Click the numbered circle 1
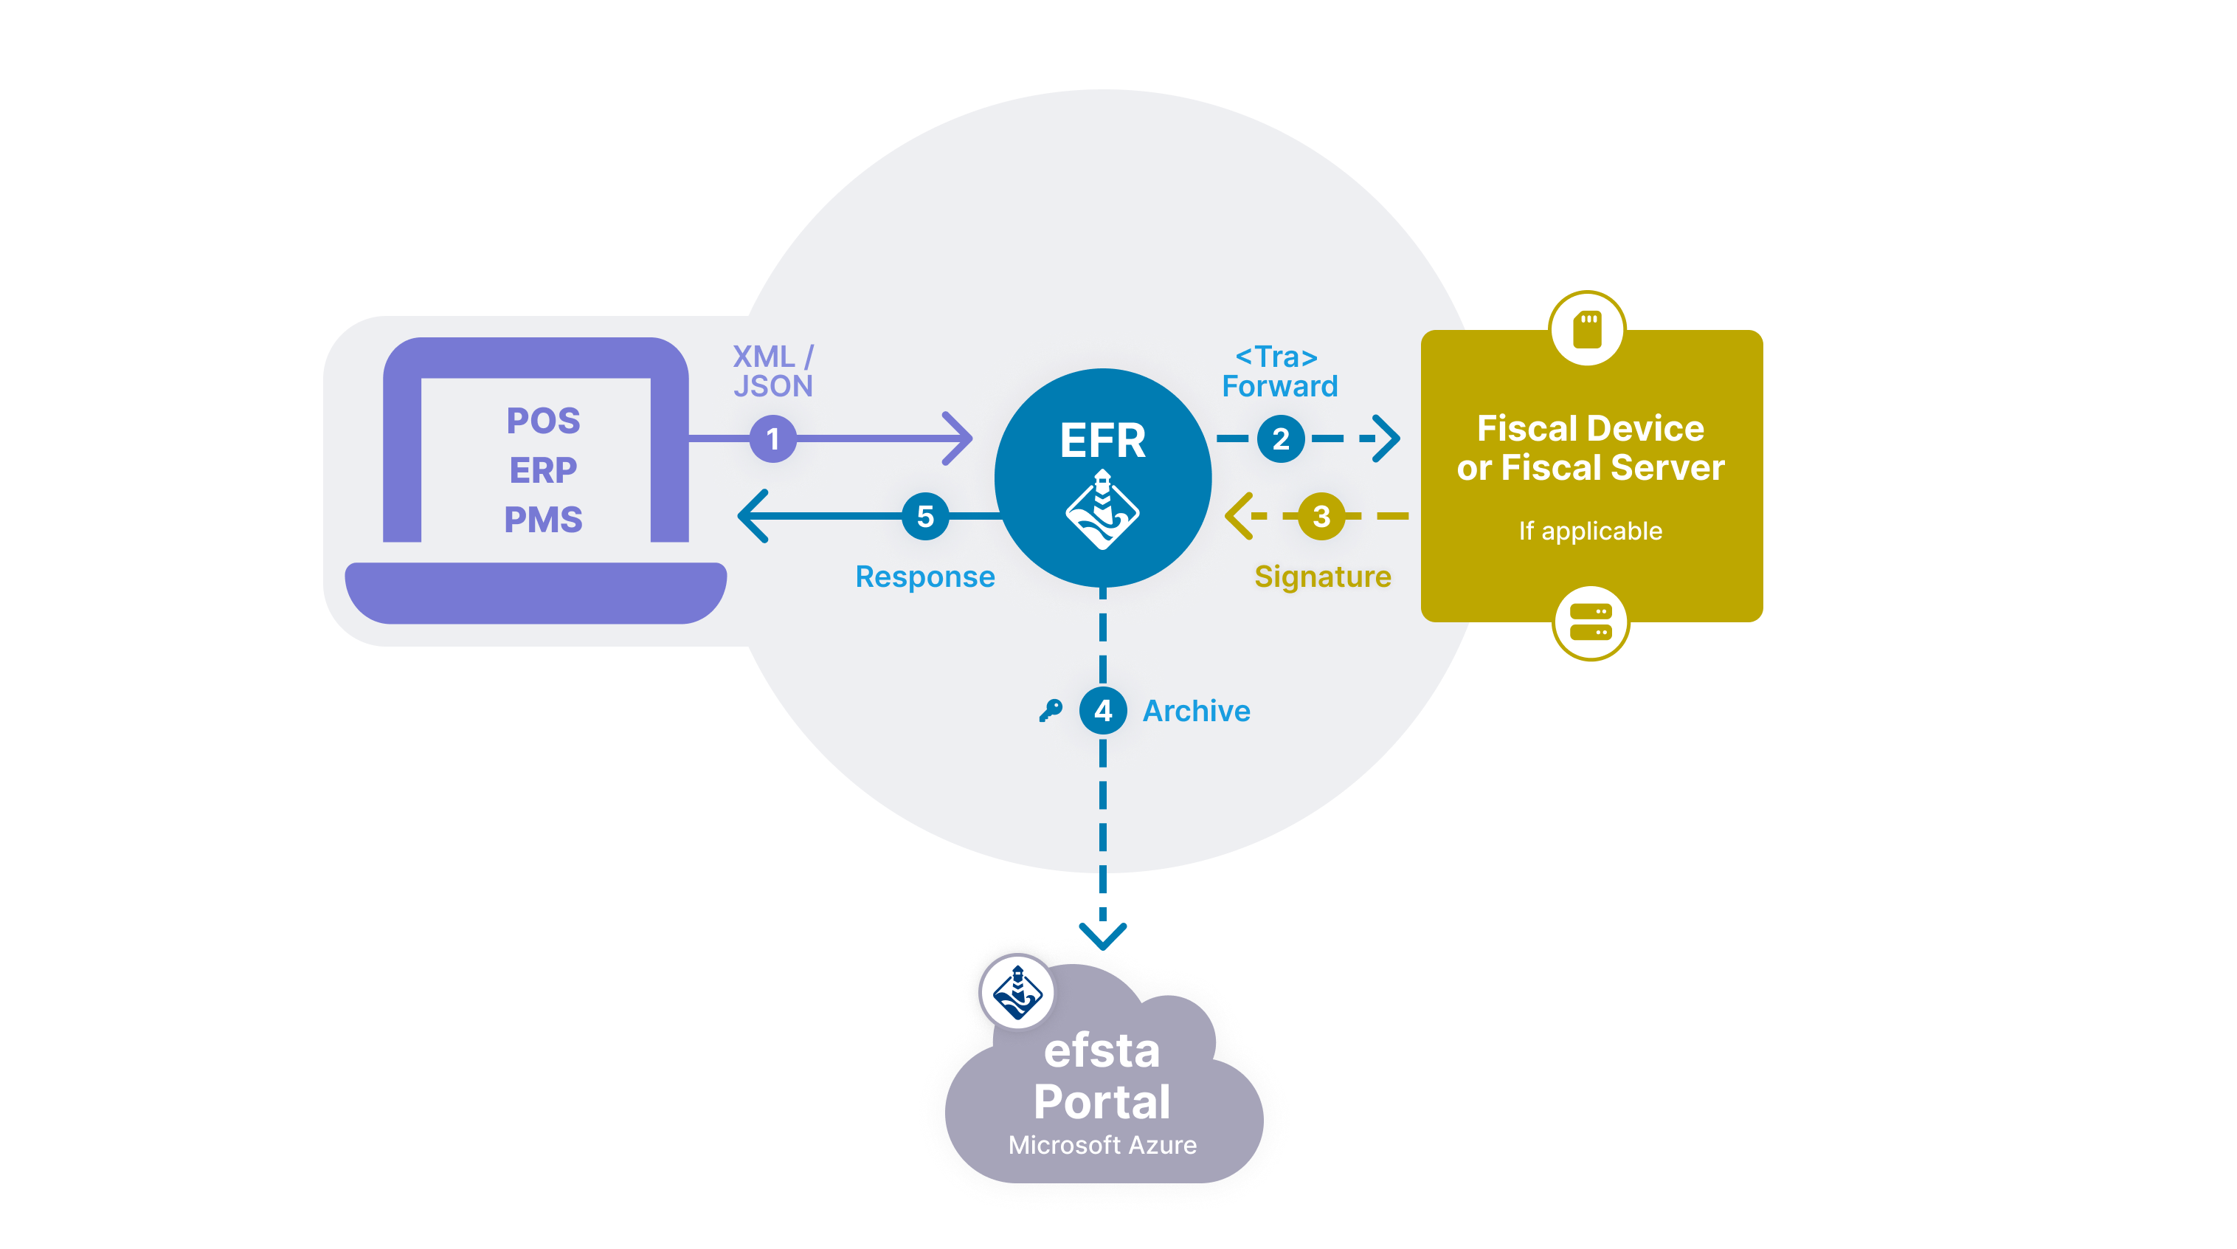point(772,438)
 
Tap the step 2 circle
point(1280,438)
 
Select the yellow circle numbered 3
point(1321,516)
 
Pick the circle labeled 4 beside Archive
point(1103,710)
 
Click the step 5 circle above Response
point(925,516)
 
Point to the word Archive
point(1196,710)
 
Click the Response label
point(925,577)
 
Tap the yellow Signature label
point(1323,577)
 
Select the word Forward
point(1279,385)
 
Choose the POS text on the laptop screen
point(543,422)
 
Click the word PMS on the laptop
point(543,520)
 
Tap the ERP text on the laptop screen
point(543,470)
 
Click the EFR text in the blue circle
point(1102,441)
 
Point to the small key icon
point(1050,710)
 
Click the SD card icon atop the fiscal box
point(1588,328)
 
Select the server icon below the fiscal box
point(1590,622)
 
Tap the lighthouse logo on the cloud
point(1017,991)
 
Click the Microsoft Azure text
point(1102,1145)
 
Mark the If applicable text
point(1590,531)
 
